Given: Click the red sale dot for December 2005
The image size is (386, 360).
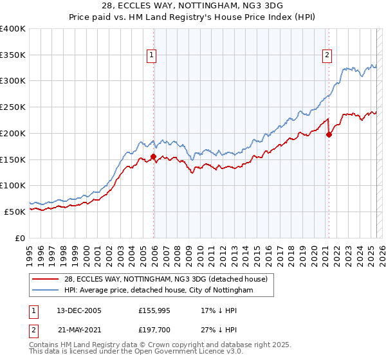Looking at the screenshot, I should point(153,156).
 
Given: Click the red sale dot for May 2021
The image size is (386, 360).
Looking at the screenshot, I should point(329,134).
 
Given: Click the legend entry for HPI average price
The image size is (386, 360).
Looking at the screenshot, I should point(159,291).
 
